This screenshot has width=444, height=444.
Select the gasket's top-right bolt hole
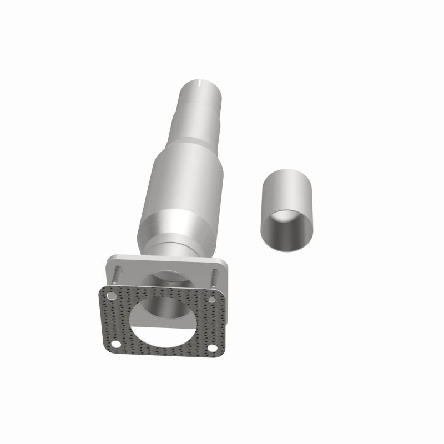213,300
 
